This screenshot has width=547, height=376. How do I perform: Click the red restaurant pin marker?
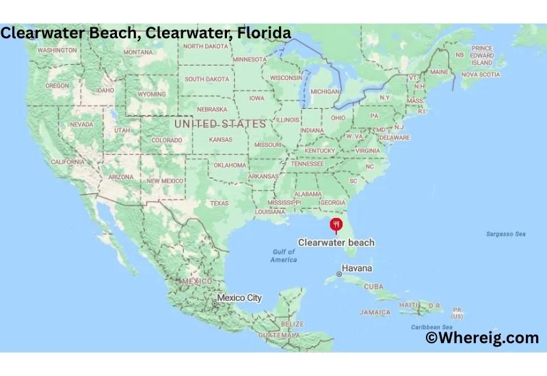click(336, 224)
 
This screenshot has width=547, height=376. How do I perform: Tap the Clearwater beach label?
click(336, 242)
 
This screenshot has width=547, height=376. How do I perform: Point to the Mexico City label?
click(239, 298)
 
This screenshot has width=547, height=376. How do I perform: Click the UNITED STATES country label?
click(220, 124)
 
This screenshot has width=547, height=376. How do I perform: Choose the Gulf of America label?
click(283, 256)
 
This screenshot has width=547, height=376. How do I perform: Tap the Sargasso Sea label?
click(505, 234)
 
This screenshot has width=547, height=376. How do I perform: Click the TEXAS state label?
click(219, 203)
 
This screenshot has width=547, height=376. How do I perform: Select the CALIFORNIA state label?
click(68, 161)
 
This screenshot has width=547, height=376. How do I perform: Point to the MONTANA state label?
click(137, 52)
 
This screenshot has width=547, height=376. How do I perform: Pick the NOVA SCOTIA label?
click(479, 74)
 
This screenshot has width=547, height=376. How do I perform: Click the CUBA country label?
click(373, 286)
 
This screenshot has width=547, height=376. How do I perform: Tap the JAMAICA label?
click(375, 312)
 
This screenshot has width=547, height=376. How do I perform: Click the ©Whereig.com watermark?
click(482, 338)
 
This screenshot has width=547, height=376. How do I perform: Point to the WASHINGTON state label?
click(57, 50)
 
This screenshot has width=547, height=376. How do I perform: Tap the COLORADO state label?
click(167, 140)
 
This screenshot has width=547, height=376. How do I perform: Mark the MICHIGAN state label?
click(325, 91)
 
